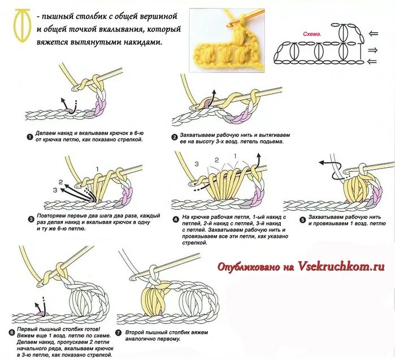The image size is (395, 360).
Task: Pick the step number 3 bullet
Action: pyautogui.click(x=31, y=219)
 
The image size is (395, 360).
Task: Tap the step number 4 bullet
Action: pyautogui.click(x=176, y=218)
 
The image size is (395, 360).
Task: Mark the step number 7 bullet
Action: pyautogui.click(x=118, y=332)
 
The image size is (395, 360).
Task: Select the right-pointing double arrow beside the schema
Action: pyautogui.click(x=373, y=50)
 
